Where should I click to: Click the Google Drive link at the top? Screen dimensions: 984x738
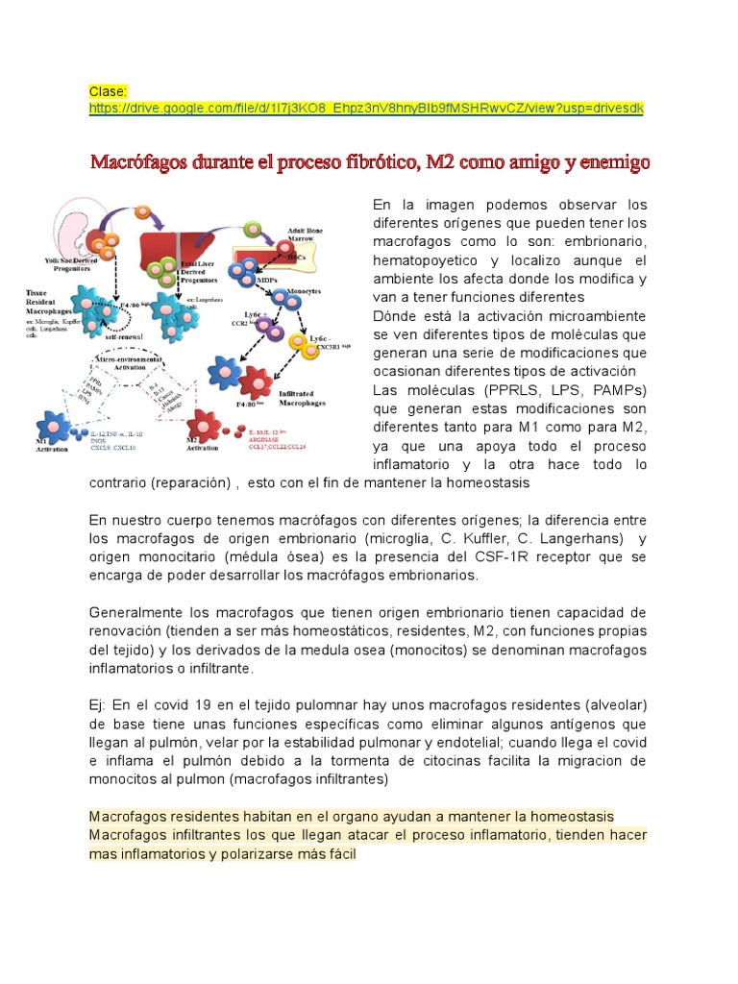click(366, 110)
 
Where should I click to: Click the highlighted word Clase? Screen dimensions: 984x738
click(108, 91)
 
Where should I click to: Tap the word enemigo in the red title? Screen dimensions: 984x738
click(614, 162)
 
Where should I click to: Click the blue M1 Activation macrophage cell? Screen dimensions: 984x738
click(54, 428)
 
